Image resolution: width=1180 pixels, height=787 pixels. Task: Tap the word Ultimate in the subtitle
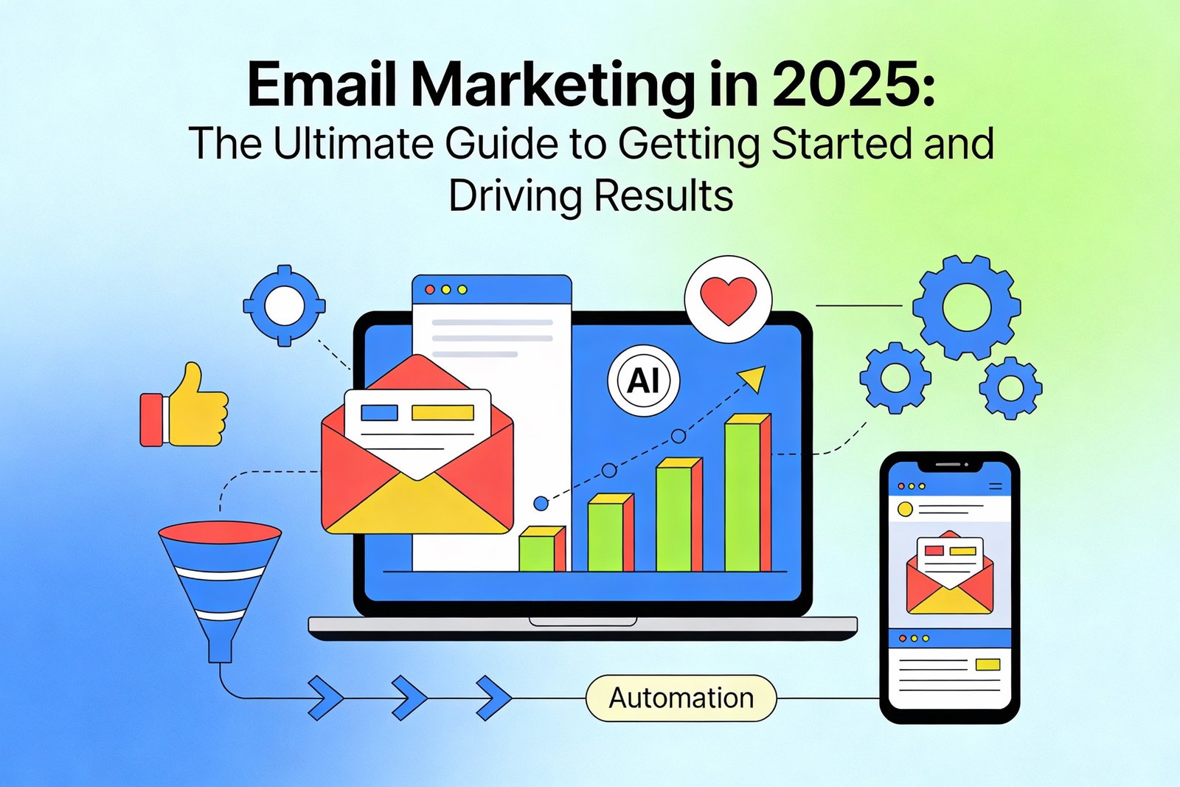(355, 144)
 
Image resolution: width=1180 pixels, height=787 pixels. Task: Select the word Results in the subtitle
(663, 196)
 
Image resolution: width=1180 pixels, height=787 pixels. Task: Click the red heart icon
(728, 299)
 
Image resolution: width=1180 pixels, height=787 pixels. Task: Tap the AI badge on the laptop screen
(643, 381)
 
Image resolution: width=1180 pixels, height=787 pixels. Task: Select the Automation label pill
(681, 698)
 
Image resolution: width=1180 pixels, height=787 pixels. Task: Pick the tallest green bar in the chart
(743, 494)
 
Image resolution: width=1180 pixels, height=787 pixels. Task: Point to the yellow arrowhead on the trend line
(753, 378)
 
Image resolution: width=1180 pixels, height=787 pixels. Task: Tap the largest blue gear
(966, 307)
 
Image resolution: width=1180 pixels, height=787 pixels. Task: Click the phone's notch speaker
(949, 465)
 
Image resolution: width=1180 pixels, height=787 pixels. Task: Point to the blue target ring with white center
(285, 305)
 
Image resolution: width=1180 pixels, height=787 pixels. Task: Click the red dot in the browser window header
(430, 290)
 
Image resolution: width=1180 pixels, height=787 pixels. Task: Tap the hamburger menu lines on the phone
(995, 486)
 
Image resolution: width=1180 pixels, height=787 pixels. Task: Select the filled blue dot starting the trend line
(541, 504)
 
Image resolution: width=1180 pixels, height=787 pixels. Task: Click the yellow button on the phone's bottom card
(988, 665)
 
